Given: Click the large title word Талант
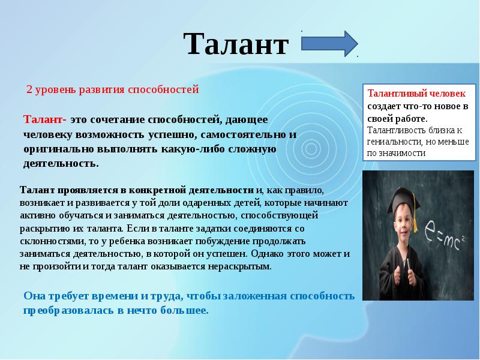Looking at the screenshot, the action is (236, 44).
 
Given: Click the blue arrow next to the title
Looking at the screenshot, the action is (329, 44).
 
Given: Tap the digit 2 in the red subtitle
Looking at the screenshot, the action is (29, 89).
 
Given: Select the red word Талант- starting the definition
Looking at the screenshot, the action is (44, 119).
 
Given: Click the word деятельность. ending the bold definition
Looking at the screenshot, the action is (61, 163).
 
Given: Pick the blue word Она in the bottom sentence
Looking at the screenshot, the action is (34, 296).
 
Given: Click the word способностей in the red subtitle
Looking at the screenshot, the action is (163, 89).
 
